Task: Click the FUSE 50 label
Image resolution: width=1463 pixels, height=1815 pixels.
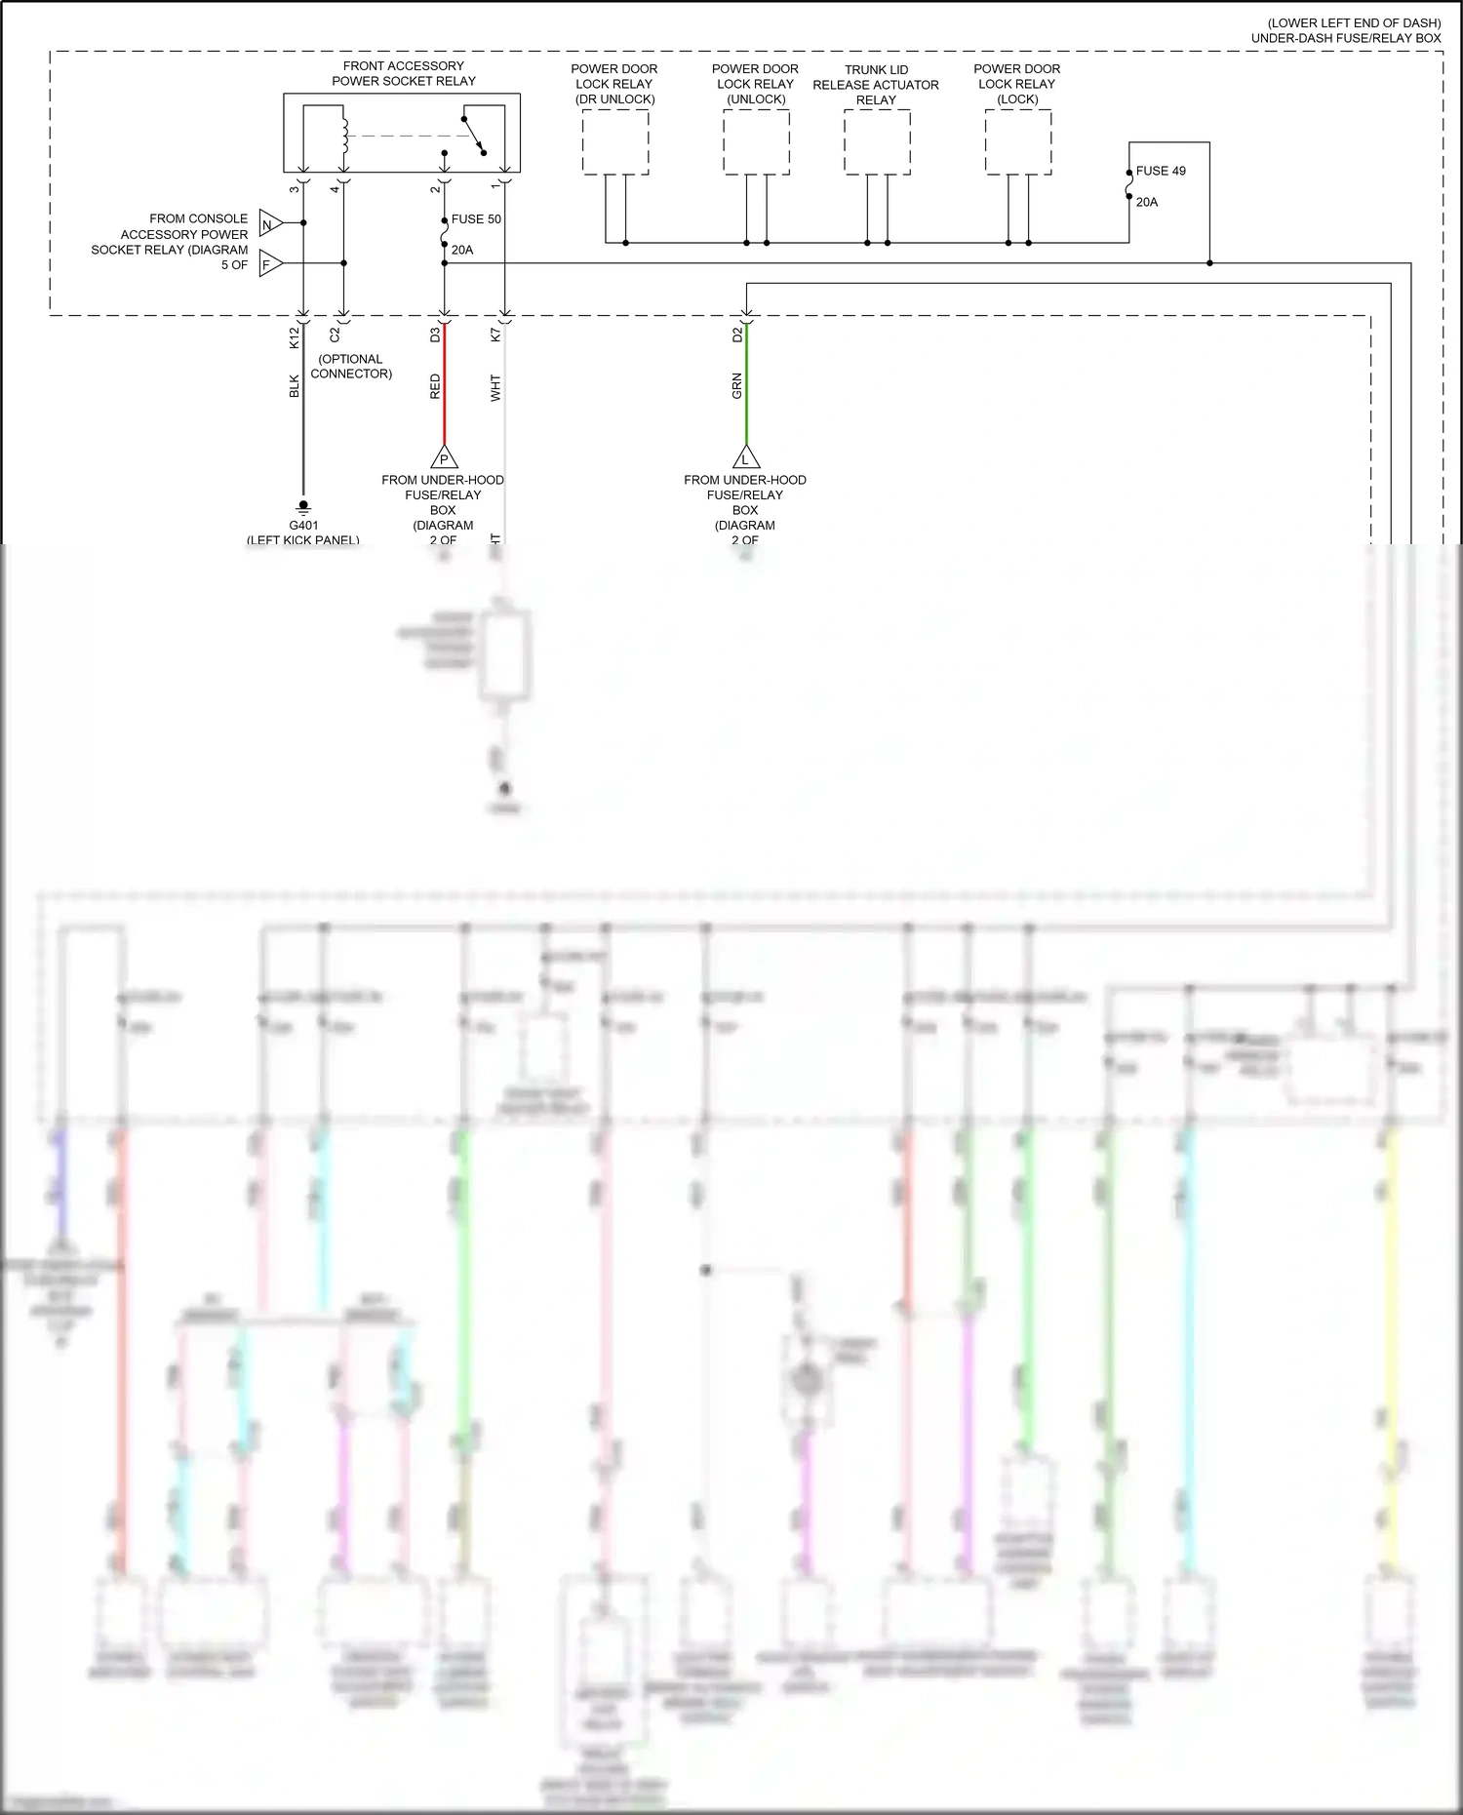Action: (476, 219)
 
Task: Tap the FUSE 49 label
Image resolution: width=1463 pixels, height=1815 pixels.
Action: (1161, 171)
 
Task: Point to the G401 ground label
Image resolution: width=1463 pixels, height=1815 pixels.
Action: (303, 526)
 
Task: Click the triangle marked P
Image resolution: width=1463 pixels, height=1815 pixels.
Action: (444, 457)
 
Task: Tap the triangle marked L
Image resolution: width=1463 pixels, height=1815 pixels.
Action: (746, 457)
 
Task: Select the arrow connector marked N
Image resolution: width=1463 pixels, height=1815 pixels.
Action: (269, 225)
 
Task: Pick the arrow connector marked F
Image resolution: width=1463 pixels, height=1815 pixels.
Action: (269, 264)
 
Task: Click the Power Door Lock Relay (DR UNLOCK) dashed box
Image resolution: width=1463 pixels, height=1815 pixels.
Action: (615, 141)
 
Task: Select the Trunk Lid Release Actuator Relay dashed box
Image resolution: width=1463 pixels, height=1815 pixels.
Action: (877, 142)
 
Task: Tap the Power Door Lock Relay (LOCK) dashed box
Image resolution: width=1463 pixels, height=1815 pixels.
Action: (1017, 141)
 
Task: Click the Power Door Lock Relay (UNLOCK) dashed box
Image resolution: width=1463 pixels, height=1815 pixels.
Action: (756, 141)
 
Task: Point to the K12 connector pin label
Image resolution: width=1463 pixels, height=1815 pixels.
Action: (295, 337)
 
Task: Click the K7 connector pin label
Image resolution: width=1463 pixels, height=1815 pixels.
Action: (495, 334)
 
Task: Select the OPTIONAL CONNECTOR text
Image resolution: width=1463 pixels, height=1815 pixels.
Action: (351, 367)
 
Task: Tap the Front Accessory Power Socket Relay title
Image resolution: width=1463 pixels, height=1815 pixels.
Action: (404, 74)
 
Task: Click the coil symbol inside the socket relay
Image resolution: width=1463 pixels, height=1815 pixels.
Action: (343, 136)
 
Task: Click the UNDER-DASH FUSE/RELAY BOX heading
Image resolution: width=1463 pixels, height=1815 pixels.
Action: (1346, 38)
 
